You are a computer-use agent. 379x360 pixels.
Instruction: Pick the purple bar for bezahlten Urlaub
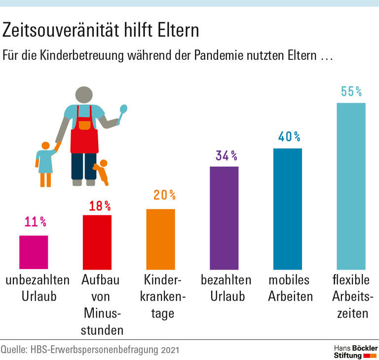224,218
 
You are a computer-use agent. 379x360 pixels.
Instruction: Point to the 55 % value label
351,92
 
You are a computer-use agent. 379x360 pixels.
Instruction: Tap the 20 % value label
160,195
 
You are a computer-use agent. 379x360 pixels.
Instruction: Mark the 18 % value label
97,205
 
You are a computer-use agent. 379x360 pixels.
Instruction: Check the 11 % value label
34,222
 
